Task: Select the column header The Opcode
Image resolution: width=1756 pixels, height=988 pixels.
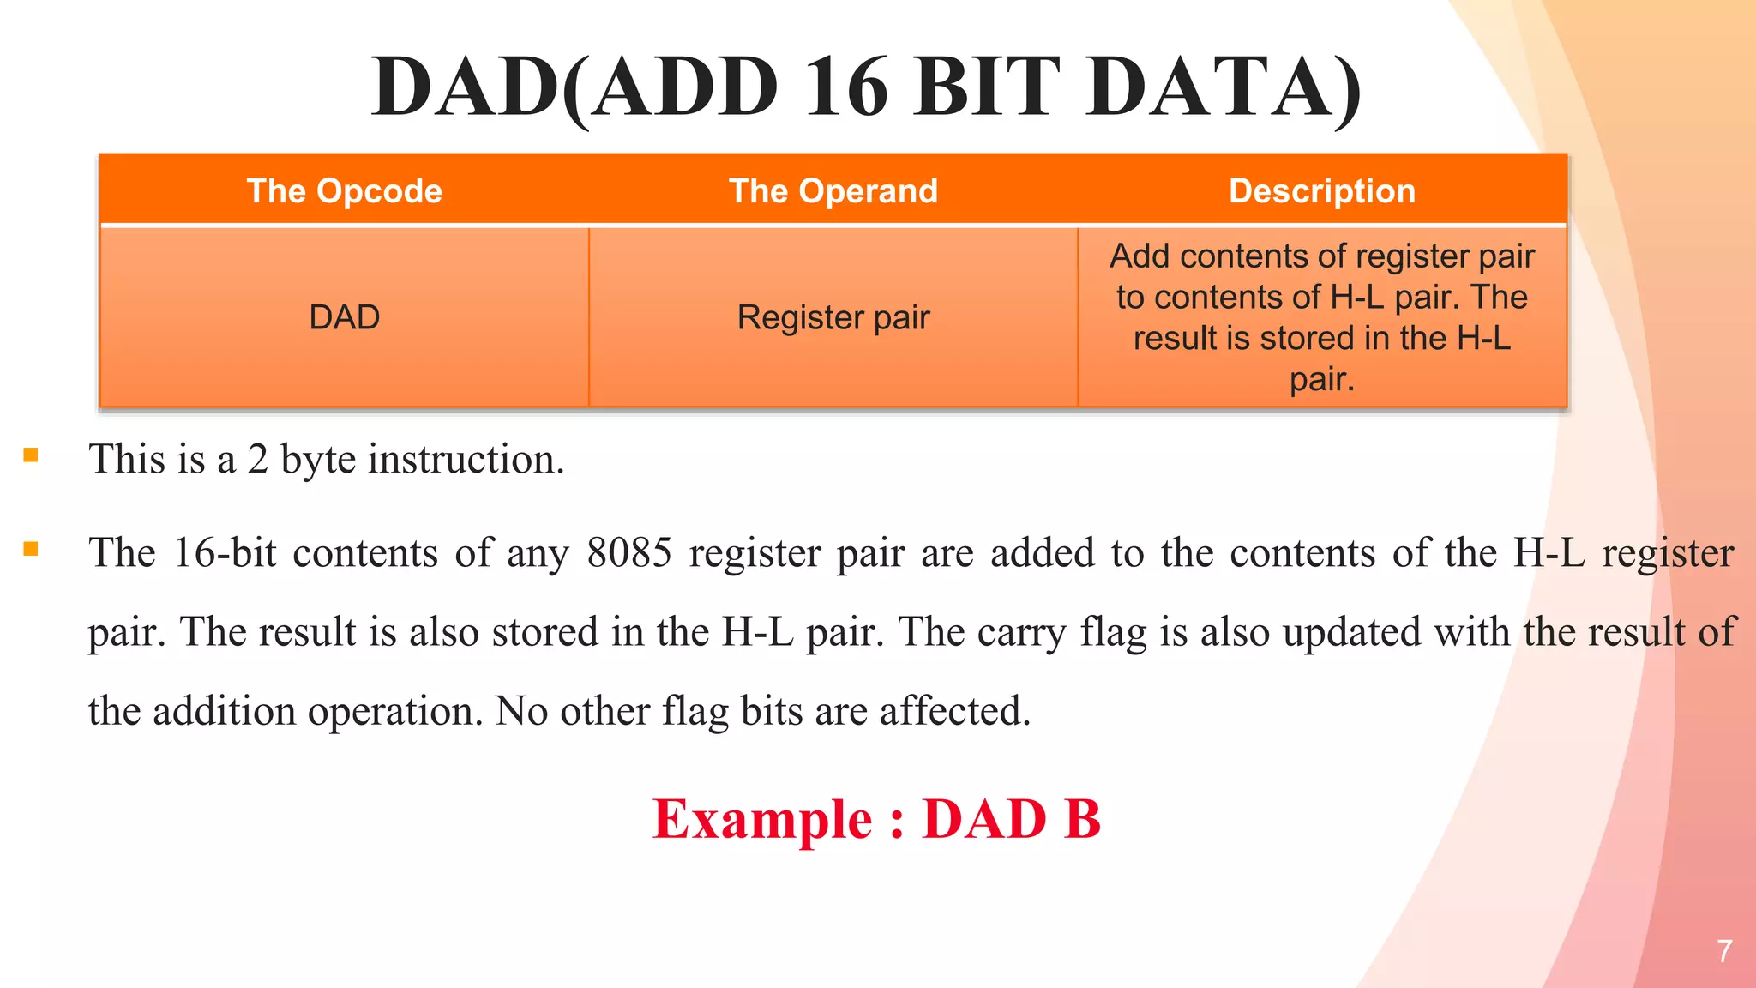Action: coord(344,190)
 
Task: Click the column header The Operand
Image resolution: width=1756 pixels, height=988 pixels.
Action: coord(833,190)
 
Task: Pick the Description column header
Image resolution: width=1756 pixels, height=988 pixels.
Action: coord(1321,190)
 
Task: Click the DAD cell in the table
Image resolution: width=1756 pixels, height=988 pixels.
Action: coord(344,317)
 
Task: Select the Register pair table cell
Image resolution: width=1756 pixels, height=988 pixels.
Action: coord(833,317)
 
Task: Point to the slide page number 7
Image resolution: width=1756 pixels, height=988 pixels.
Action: coord(1724,951)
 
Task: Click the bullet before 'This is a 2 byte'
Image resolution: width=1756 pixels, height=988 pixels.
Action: coord(31,455)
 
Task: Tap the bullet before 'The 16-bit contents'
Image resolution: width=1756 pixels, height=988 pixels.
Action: coord(31,549)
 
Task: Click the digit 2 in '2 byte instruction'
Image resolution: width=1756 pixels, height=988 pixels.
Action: coord(257,460)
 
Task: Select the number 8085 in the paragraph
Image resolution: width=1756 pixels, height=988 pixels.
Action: coord(629,553)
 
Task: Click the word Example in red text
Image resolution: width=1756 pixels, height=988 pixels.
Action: coord(762,819)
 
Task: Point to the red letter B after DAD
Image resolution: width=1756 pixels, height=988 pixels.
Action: coord(1082,819)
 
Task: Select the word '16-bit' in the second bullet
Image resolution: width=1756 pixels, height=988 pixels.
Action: coord(225,553)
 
